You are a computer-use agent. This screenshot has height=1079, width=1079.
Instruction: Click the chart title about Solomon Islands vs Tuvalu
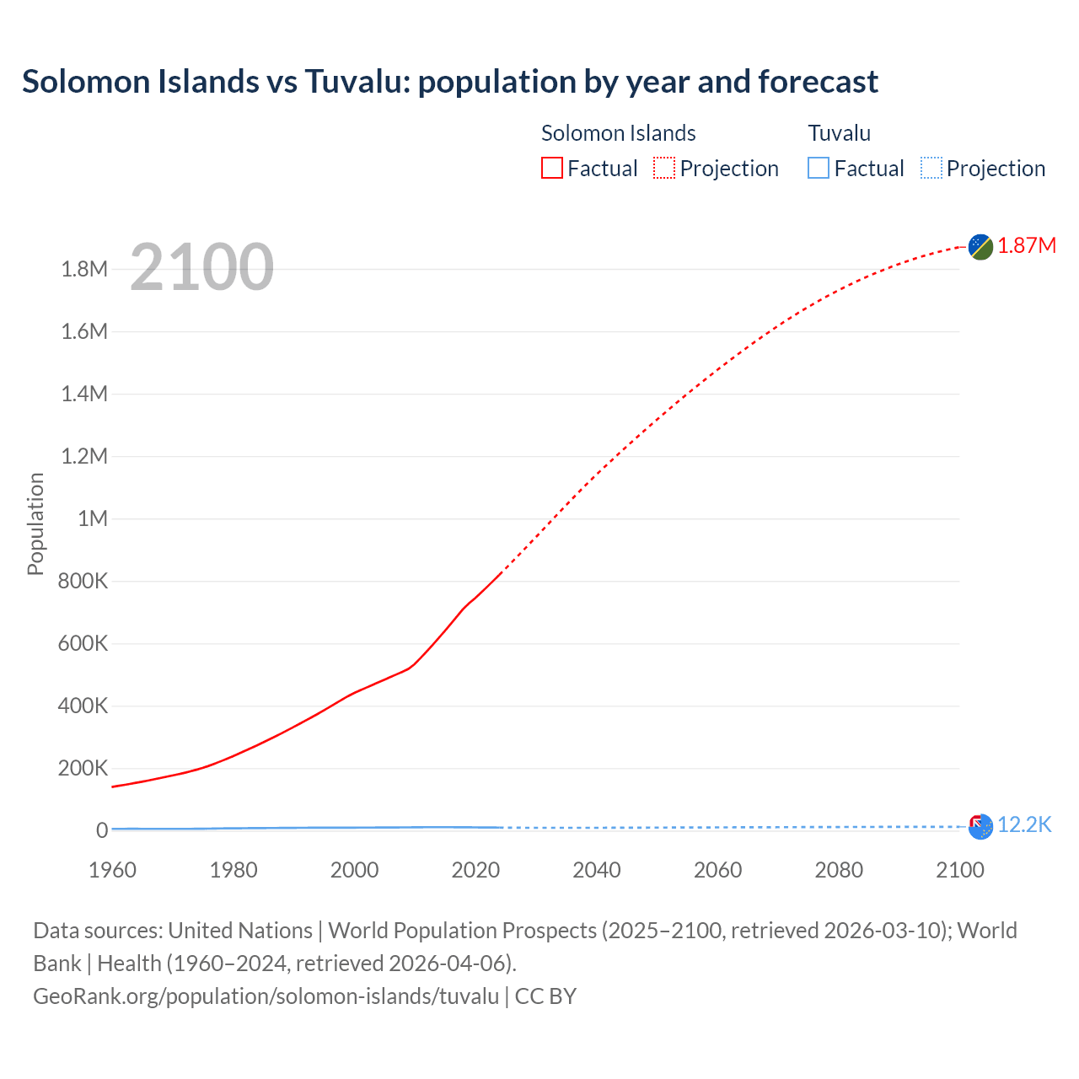pos(450,82)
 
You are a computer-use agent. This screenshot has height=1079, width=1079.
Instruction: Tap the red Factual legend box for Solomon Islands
pos(551,169)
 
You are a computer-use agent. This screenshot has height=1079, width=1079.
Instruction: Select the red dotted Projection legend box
pos(664,169)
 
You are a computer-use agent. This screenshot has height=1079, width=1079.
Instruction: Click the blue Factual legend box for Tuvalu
pos(819,169)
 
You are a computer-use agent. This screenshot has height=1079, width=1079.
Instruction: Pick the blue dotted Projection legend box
pos(931,169)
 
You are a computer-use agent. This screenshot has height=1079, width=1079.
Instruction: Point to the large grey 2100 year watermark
pos(202,267)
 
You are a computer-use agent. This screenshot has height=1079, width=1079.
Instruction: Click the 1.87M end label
pos(1027,245)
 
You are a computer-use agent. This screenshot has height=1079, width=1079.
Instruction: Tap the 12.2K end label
pos(1024,824)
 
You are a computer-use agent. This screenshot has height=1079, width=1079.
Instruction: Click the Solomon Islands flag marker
pos(980,246)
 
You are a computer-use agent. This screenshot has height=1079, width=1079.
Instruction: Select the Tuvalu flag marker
pos(980,827)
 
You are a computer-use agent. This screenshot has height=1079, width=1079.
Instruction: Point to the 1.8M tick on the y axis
pos(84,269)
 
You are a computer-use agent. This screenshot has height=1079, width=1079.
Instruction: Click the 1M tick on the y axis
pos(93,518)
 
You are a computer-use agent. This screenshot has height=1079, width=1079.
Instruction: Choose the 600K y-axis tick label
pos(83,643)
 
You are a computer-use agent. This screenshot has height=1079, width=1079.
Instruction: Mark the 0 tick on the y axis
pos(102,830)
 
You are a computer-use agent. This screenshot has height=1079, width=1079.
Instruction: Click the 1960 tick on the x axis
pos(112,870)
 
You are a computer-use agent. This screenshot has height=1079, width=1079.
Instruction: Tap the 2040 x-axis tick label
pos(597,870)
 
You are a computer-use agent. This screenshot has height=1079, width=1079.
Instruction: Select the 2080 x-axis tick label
pos(839,870)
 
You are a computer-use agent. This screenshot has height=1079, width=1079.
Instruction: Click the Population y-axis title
pos(35,523)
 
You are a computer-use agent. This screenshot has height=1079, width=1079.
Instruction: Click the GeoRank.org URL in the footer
pos(266,996)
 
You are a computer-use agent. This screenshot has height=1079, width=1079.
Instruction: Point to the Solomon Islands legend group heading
pos(618,133)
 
